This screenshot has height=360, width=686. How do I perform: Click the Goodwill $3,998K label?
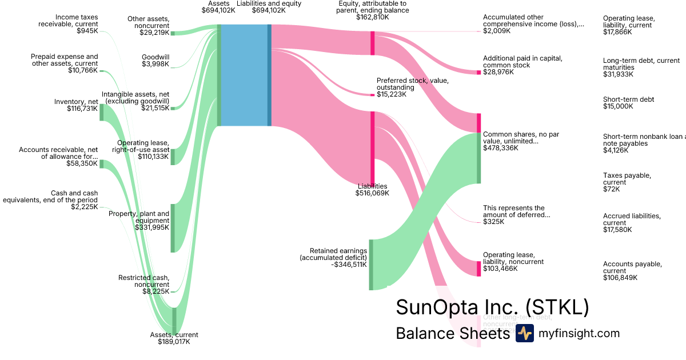155,60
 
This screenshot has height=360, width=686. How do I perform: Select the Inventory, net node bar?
102,112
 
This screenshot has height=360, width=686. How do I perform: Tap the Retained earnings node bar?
371,265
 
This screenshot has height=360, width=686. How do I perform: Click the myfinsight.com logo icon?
524,333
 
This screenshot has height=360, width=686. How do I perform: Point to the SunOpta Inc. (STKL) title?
492,308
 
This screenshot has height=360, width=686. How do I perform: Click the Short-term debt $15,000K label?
628,103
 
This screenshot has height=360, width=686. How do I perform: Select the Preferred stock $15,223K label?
412,87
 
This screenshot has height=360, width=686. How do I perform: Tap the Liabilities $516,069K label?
372,190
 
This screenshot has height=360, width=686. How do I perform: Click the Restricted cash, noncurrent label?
143,285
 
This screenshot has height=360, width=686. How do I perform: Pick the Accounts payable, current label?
632,271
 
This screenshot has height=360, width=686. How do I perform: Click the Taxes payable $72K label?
627,182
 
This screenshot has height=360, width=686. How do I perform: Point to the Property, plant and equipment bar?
173,228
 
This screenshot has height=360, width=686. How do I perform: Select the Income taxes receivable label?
68,24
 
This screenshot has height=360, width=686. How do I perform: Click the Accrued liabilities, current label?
632,223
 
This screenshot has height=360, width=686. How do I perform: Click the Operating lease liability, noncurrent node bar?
478,269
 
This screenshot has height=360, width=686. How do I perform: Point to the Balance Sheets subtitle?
452,333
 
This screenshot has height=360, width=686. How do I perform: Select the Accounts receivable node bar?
102,164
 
